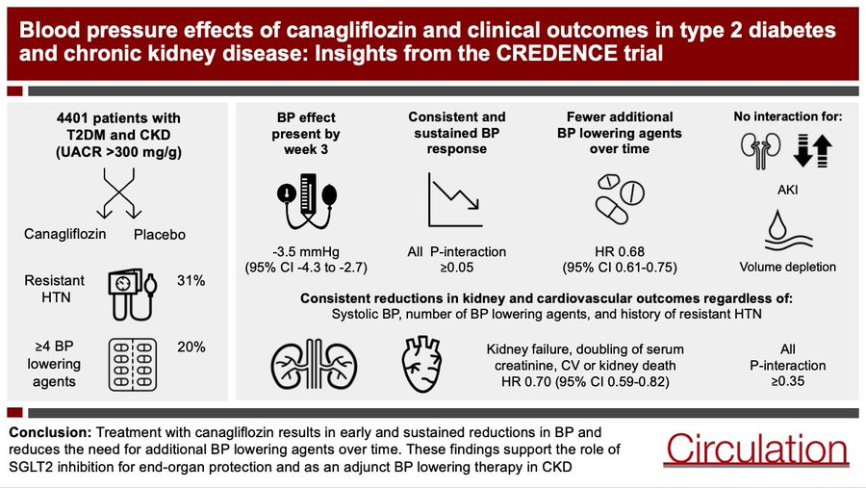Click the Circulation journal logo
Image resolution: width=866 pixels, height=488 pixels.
[x=756, y=449]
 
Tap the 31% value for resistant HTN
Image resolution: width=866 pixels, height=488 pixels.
[x=191, y=281]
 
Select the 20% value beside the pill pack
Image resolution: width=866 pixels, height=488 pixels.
[x=191, y=347]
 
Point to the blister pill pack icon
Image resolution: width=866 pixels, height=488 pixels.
[x=133, y=365]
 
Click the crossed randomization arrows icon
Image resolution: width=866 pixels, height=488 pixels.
[x=119, y=193]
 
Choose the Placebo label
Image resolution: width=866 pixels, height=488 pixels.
[x=160, y=235]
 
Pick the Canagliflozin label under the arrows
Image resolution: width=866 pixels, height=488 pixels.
[x=64, y=234]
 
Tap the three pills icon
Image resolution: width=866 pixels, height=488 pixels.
[x=620, y=199]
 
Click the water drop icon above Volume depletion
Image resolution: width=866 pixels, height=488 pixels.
[x=788, y=231]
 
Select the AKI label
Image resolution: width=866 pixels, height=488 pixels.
[x=787, y=191]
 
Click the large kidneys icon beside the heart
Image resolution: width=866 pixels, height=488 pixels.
[x=314, y=364]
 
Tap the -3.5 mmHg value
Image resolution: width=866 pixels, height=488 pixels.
[x=306, y=252]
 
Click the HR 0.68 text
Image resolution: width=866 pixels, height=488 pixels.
[x=620, y=252]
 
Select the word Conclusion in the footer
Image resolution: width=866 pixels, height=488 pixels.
[x=50, y=432]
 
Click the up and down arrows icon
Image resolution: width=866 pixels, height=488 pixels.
[x=812, y=151]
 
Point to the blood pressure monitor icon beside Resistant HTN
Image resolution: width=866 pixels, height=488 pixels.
[x=133, y=295]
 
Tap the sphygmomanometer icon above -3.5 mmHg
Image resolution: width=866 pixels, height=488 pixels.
[x=307, y=201]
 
